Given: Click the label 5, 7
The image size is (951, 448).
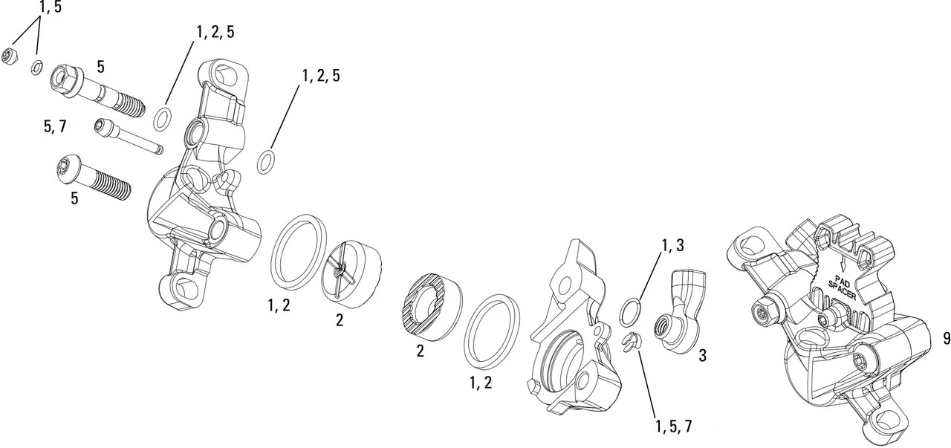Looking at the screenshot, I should [54, 126].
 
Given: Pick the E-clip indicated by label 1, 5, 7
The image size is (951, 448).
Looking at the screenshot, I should [629, 343].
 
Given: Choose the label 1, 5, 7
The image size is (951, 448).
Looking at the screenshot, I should [673, 426].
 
